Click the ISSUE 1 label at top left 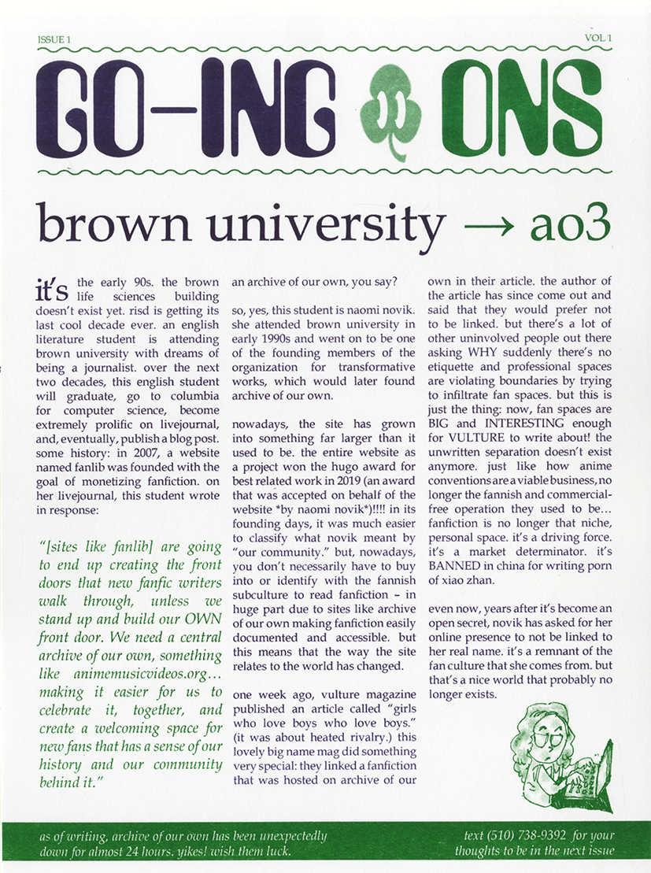[54, 39]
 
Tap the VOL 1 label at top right [598, 37]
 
